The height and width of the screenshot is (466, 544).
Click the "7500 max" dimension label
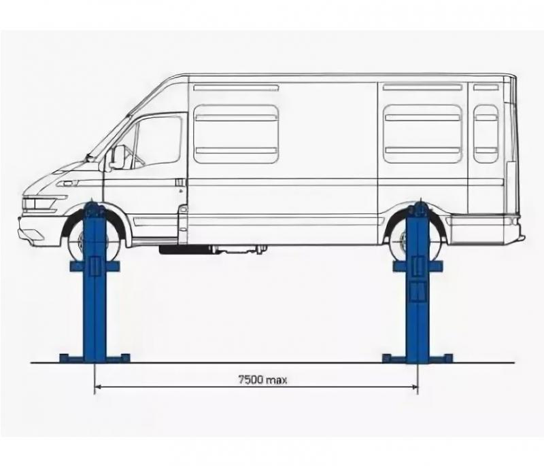pyautogui.click(x=263, y=380)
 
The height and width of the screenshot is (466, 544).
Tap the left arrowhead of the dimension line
pyautogui.click(x=98, y=386)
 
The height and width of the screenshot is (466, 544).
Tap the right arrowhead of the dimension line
pyautogui.click(x=414, y=386)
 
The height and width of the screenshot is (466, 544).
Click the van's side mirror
pyautogui.click(x=118, y=158)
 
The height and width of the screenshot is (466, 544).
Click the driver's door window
pyautogui.click(x=158, y=141)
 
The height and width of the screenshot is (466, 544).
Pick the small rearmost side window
pyautogui.click(x=486, y=134)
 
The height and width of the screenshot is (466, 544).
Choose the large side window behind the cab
pyautogui.click(x=236, y=134)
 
